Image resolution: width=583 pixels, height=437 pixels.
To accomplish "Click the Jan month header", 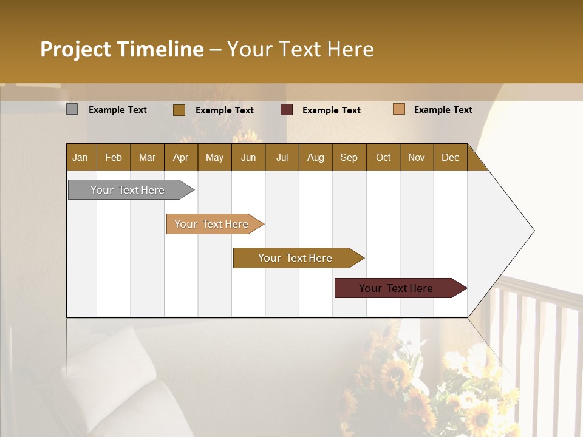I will click(81, 158).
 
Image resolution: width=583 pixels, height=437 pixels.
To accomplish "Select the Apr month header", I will click(181, 158).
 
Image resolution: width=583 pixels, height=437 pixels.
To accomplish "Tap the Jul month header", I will click(282, 158).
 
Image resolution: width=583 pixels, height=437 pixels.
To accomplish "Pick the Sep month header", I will click(349, 158).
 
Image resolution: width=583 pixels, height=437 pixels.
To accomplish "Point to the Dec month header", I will click(450, 158).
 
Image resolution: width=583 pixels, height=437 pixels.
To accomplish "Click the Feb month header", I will click(114, 158).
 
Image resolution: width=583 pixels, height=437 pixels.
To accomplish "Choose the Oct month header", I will click(383, 158).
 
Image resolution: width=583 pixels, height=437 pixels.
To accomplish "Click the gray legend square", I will click(72, 109).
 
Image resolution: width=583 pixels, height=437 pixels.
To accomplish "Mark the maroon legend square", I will click(287, 110).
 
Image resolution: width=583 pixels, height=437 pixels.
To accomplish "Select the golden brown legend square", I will click(179, 110).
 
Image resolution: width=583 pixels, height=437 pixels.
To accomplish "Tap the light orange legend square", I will click(399, 109).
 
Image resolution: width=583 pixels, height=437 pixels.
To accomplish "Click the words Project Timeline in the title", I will click(122, 49).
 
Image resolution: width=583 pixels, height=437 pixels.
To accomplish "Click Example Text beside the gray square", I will click(118, 110).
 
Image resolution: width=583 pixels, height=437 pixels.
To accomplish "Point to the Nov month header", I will click(417, 158).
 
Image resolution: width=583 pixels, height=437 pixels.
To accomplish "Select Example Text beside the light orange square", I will click(443, 110).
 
